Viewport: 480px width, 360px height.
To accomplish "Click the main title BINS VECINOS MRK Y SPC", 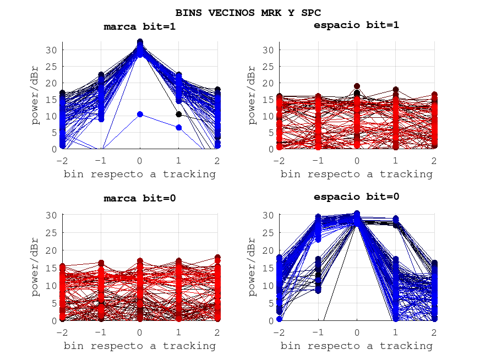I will (248, 12).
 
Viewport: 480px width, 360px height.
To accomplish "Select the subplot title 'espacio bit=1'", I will (356, 25).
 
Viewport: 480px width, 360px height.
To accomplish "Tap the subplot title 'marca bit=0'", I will (140, 198).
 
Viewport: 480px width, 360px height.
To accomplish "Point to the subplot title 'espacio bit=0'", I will (356, 197).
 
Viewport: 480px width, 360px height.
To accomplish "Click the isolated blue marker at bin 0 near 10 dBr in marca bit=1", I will (140, 114).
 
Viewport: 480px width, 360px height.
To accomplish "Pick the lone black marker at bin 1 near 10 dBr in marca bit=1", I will (179, 114).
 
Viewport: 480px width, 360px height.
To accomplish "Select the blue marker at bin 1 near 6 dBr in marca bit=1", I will (179, 127).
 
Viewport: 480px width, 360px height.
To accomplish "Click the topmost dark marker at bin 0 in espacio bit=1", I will (357, 86).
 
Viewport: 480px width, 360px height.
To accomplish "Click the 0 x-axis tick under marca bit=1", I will (140, 160).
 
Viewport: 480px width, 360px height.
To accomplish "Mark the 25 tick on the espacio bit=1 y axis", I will (268, 67).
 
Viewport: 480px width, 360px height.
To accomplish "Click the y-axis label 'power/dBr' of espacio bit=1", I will (252, 95).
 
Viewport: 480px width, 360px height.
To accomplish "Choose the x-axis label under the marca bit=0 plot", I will (140, 346).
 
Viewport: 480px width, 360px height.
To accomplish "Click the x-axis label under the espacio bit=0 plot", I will (356, 346).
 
